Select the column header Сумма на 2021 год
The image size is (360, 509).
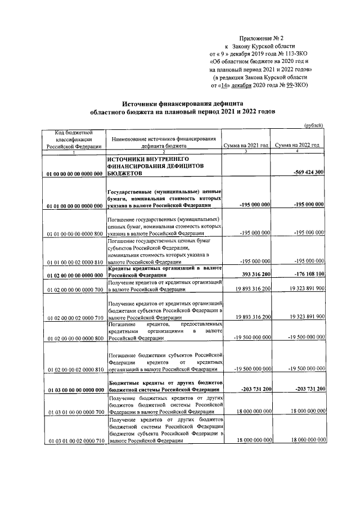click(x=246, y=145)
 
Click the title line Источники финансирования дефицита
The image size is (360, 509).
click(x=182, y=103)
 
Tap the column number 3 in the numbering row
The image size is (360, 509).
click(x=246, y=152)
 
